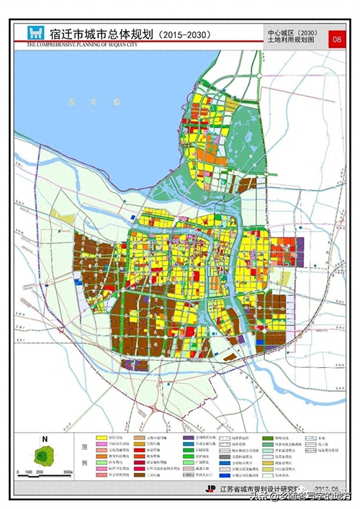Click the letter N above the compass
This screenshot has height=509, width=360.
[x=44, y=438]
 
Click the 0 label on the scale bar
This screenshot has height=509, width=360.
[x=25, y=473]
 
